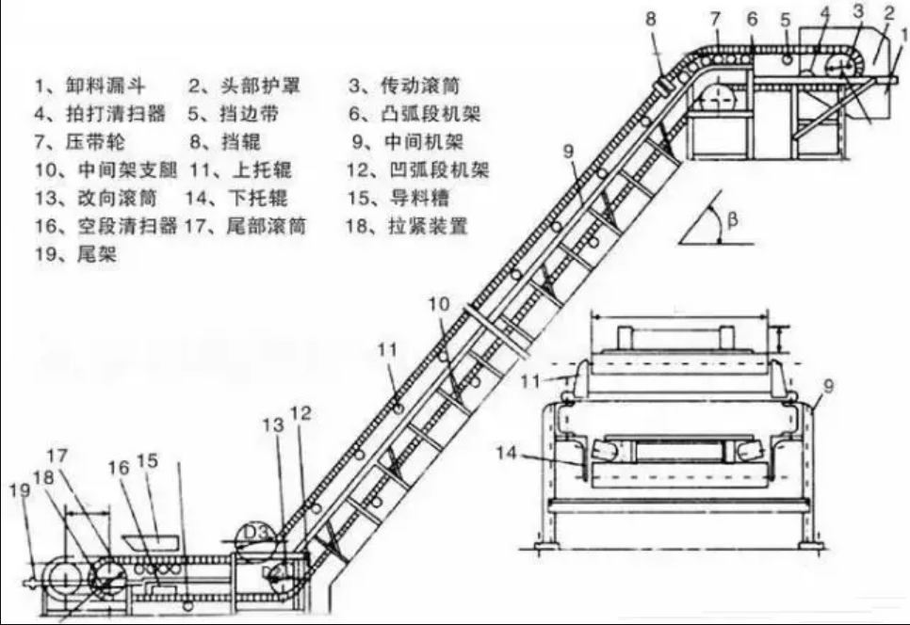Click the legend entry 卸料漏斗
pos(89,86)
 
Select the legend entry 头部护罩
pos(245,86)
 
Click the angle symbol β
pos(734,221)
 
